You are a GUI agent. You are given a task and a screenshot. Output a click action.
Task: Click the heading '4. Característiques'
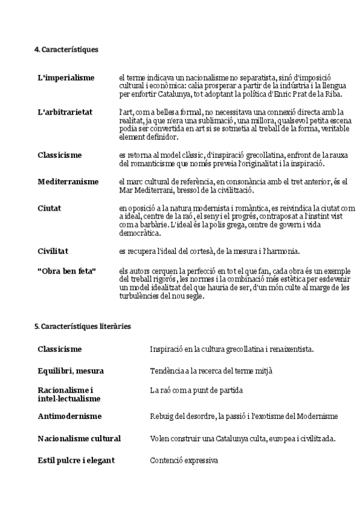66,50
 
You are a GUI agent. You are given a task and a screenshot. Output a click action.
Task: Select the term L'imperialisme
66,78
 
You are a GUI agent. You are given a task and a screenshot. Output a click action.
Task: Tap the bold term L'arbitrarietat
65,112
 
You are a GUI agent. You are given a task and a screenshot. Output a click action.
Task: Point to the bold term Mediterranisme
68,181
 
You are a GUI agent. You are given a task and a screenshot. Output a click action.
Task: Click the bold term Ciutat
49,208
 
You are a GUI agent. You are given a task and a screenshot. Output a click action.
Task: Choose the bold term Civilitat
53,251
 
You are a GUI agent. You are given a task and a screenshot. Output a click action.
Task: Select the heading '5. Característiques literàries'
82,326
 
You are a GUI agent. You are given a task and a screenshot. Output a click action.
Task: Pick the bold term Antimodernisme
69,416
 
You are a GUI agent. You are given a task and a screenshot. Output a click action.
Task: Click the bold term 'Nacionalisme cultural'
79,439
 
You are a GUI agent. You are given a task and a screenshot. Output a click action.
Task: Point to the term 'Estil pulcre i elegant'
76,460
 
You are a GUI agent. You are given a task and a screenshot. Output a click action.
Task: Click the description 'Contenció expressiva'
184,461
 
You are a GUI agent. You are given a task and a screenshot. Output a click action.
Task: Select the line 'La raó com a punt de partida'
196,390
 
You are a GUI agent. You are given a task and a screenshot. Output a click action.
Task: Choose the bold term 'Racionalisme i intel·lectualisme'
69,394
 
